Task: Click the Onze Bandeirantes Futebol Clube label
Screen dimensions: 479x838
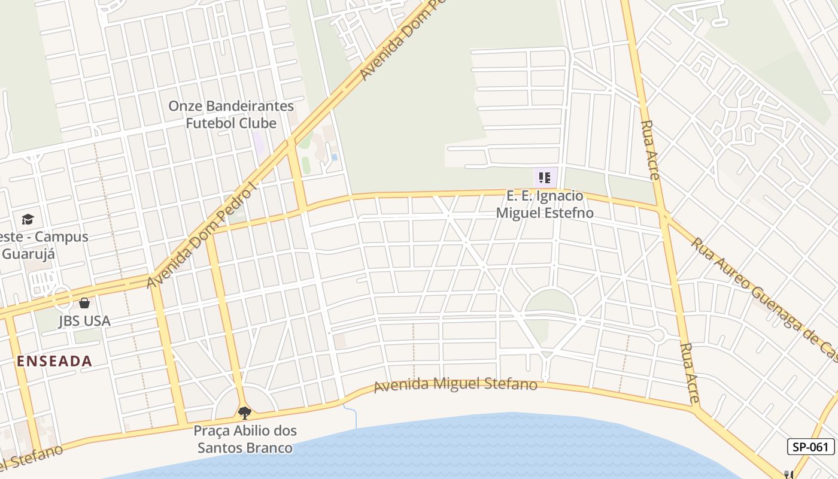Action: (x=231, y=114)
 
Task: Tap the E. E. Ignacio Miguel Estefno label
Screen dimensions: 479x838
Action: (x=545, y=204)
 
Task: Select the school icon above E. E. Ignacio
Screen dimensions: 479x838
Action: (x=545, y=177)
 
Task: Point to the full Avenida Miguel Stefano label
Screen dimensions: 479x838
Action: (x=455, y=384)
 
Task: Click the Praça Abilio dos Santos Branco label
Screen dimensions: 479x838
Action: (x=245, y=439)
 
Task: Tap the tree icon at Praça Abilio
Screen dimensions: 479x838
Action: (x=244, y=413)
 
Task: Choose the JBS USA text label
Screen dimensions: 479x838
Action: (x=84, y=321)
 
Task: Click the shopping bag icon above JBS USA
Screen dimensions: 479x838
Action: (x=84, y=303)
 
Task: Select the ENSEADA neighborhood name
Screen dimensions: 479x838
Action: (x=54, y=361)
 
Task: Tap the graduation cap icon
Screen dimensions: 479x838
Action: (x=28, y=219)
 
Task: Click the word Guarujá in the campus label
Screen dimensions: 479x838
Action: (x=28, y=253)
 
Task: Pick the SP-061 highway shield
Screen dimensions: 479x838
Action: (x=810, y=447)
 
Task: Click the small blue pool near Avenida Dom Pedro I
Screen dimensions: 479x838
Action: (x=334, y=157)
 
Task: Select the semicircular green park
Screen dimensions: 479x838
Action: (x=549, y=302)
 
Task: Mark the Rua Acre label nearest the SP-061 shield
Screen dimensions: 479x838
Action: (x=690, y=372)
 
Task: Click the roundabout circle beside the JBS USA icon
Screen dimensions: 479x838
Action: (x=62, y=297)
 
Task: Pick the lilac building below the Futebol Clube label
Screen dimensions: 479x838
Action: (x=258, y=142)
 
